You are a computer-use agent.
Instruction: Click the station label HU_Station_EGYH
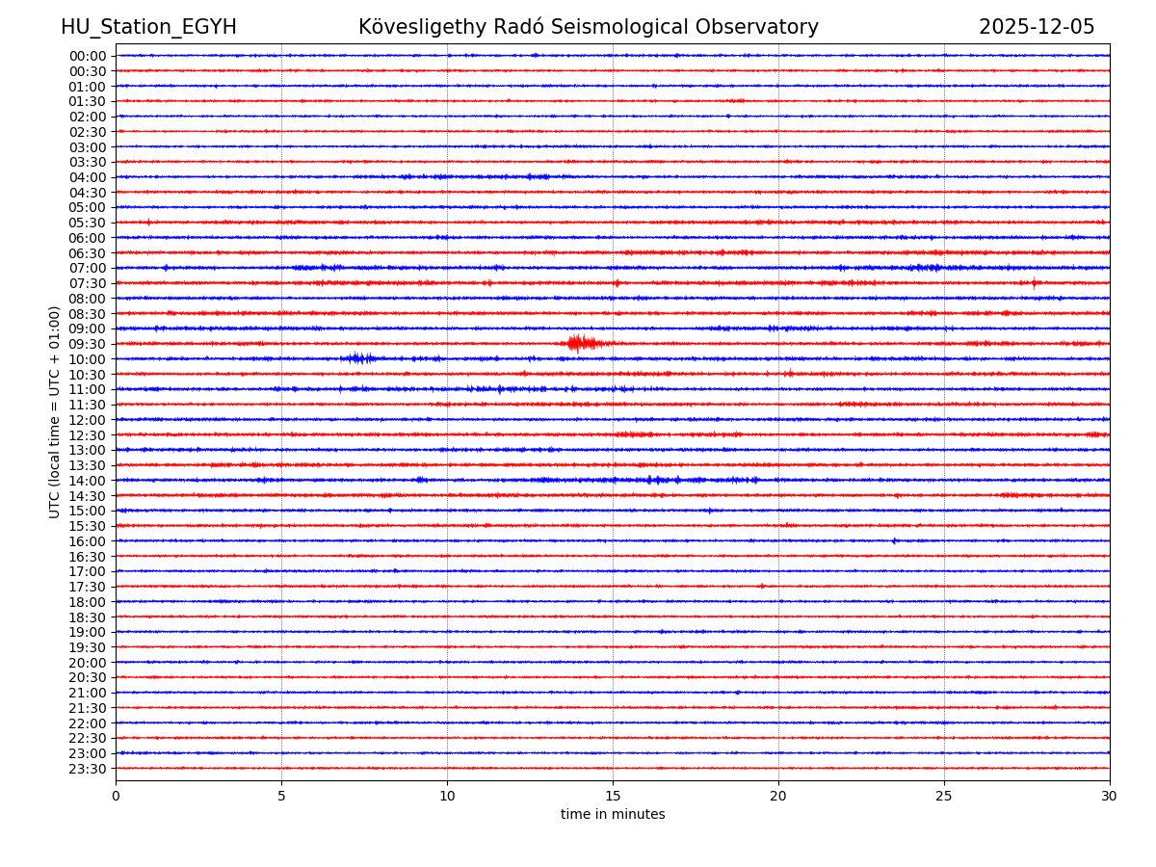[x=148, y=27]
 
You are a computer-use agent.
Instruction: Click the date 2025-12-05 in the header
[x=1037, y=27]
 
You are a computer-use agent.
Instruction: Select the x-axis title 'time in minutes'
[x=613, y=815]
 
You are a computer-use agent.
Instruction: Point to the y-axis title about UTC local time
[x=55, y=411]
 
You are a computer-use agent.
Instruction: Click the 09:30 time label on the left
[x=88, y=344]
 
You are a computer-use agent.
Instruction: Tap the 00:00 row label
[x=88, y=56]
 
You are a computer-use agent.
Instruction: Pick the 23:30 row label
[x=88, y=769]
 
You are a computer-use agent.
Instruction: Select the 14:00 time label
[x=88, y=481]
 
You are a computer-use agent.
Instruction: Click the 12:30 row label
[x=88, y=435]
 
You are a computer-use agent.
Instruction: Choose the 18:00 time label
[x=88, y=602]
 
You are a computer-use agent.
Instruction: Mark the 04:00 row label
[x=88, y=177]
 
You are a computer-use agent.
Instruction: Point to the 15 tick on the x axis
[x=613, y=797]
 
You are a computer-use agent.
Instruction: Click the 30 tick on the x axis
[x=1110, y=797]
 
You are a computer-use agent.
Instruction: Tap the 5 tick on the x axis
[x=281, y=797]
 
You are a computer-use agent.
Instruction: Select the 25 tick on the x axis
[x=944, y=797]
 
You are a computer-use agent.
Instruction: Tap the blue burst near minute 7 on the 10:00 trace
[x=358, y=358]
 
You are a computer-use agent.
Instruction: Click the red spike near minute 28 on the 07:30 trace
[x=1035, y=282]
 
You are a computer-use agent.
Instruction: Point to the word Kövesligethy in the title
[x=423, y=27]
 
